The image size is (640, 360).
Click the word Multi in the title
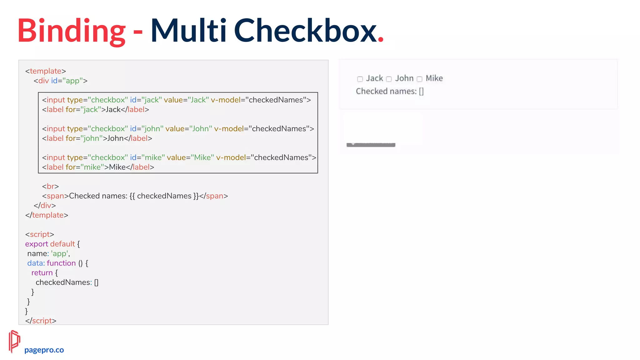[188, 31]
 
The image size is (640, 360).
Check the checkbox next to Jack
[360, 79]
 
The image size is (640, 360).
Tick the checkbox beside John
[389, 79]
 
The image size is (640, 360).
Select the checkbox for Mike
[419, 79]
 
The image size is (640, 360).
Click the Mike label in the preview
[434, 78]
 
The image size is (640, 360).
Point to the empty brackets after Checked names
[421, 91]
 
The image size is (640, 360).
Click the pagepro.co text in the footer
[44, 350]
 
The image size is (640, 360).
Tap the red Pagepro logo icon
[14, 341]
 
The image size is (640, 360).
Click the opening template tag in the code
[46, 71]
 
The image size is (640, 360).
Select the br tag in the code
[50, 186]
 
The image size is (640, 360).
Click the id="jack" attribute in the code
[146, 100]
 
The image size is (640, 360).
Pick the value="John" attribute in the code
[188, 129]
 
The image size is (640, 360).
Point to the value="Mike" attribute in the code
[190, 157]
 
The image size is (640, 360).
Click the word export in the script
[37, 244]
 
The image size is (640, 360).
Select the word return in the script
[42, 272]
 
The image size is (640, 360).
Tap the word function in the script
[61, 263]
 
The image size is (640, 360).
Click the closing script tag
[41, 321]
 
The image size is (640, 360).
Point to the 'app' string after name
[59, 253]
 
